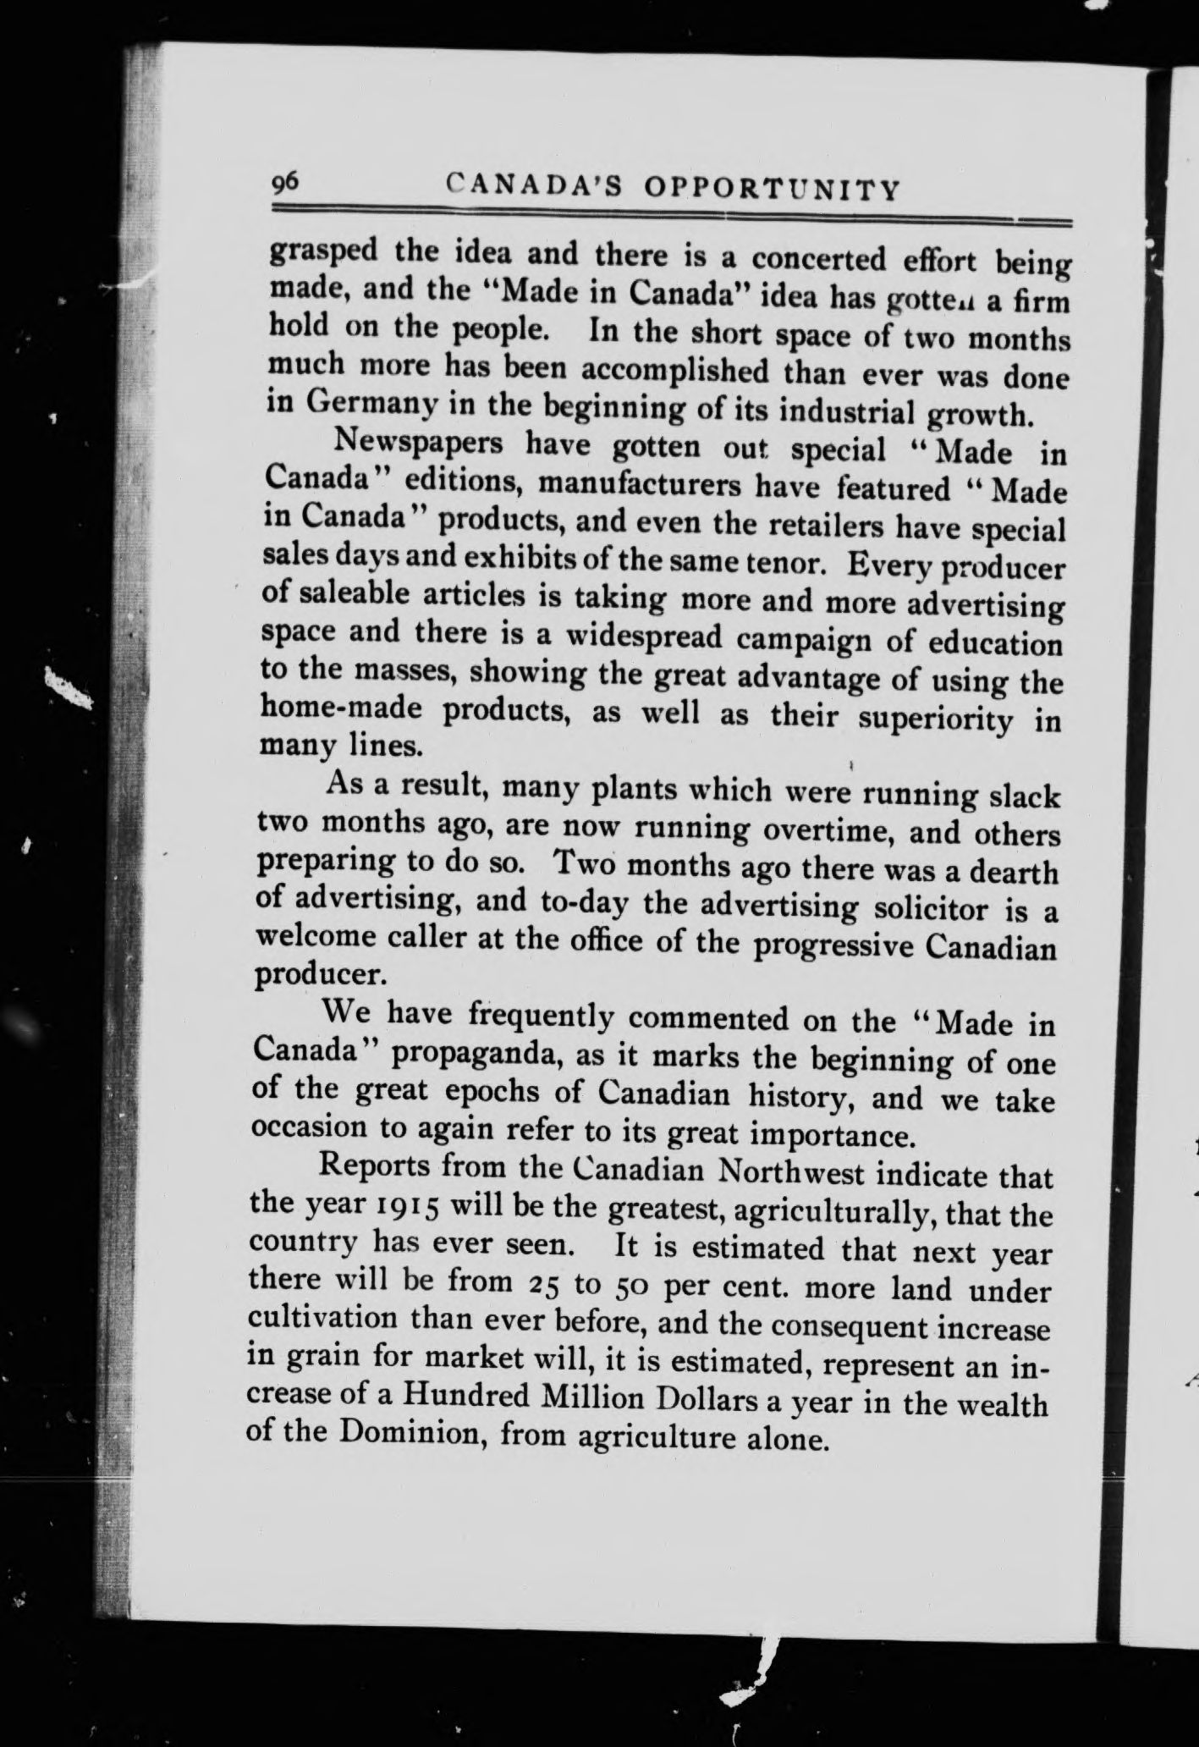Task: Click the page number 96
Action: point(283,184)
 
